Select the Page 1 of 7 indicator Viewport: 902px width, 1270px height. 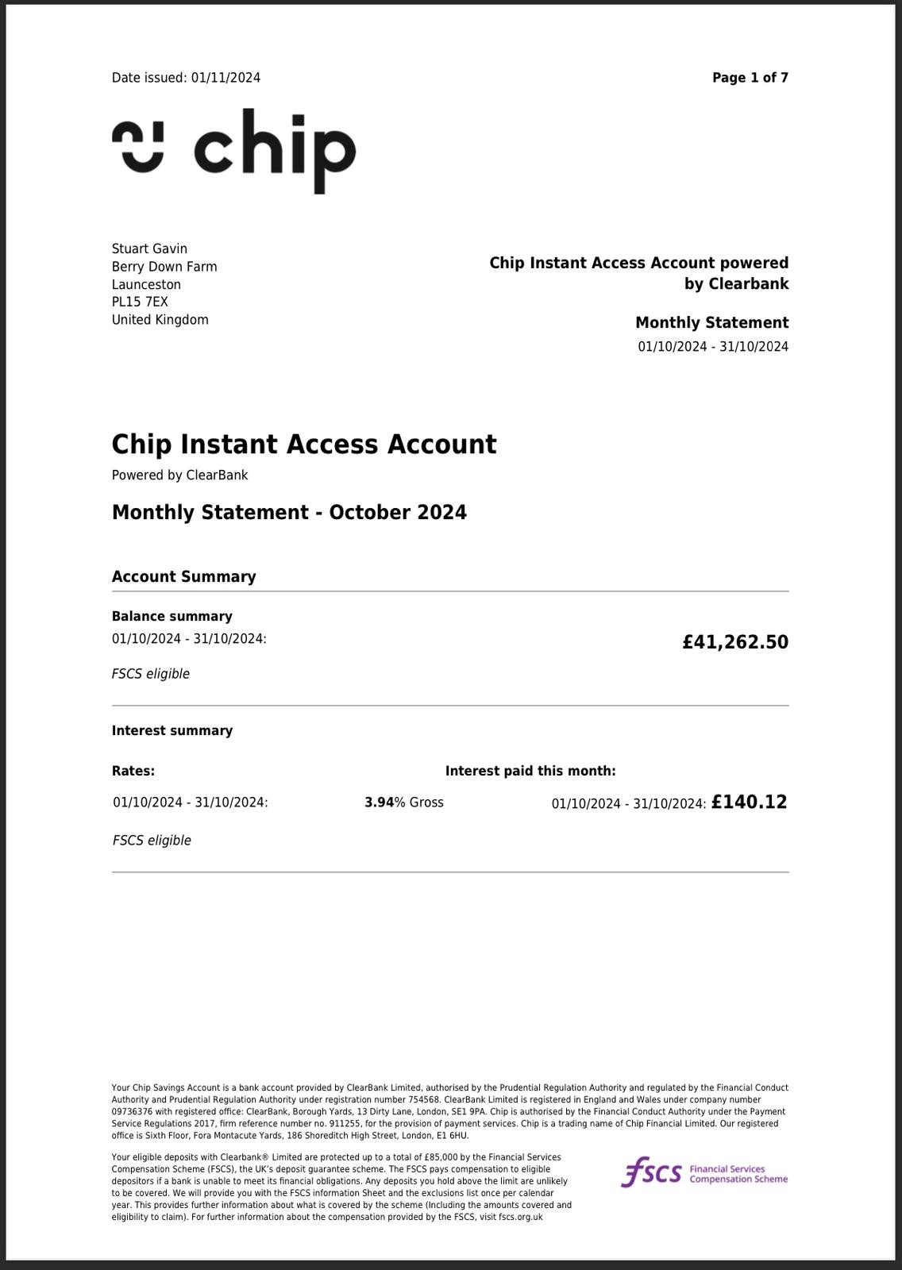coord(750,78)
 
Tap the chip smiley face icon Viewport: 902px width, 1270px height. coord(138,147)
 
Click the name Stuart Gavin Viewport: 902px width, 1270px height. coord(149,249)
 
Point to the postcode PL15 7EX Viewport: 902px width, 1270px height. coord(140,302)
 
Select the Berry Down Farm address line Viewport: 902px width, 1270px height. coord(164,267)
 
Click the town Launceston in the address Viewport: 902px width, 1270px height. coord(146,285)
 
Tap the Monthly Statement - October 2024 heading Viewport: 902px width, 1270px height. coord(289,513)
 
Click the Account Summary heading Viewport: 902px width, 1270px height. coord(183,577)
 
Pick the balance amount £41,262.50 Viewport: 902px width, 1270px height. coord(734,642)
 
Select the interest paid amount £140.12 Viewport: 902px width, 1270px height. coord(749,802)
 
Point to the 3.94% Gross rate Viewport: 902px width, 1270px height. coord(403,802)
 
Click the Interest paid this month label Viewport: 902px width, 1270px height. coord(530,771)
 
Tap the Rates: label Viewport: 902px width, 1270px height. coord(133,771)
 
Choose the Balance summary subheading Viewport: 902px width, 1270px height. coord(172,617)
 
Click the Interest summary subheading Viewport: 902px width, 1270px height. coord(172,731)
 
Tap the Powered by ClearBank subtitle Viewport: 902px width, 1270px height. coord(179,475)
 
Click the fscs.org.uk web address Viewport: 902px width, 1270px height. coord(521,1217)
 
